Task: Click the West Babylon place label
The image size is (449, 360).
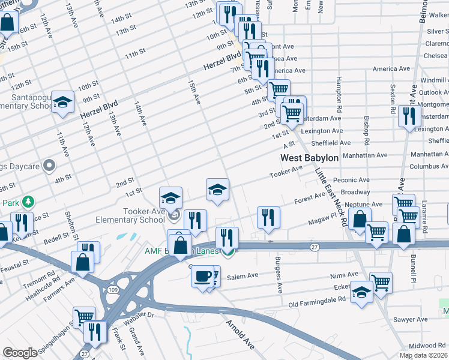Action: (x=310, y=158)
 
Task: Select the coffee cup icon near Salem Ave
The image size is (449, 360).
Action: (x=202, y=277)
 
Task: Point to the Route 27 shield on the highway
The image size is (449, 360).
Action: (x=314, y=247)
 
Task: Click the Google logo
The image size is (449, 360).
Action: (x=20, y=353)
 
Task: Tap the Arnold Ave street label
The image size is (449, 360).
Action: (x=239, y=335)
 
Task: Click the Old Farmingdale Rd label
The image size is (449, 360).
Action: (x=318, y=304)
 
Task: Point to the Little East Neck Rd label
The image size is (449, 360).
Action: (x=331, y=197)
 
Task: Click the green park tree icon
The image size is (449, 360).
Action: (x=26, y=202)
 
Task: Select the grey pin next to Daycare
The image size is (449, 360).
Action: (x=49, y=164)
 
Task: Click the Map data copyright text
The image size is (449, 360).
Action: (x=424, y=355)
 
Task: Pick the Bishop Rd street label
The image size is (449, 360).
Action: (x=366, y=123)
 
